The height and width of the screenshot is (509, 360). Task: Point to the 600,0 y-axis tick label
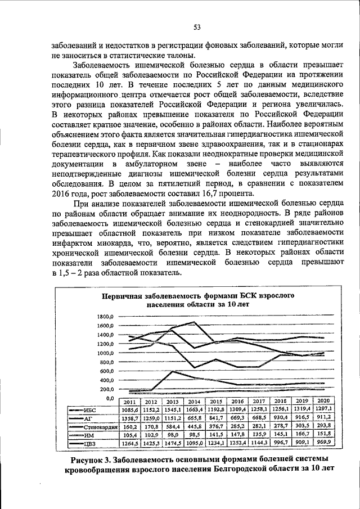[106, 371]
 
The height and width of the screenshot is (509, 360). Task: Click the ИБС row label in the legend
[89, 411]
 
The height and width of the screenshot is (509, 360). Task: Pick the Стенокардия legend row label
[100, 427]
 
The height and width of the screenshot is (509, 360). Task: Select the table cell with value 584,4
[173, 427]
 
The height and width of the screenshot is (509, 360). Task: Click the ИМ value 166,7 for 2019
[303, 435]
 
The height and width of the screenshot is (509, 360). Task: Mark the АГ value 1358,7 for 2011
[130, 419]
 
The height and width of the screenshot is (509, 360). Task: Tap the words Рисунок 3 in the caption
[92, 459]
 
